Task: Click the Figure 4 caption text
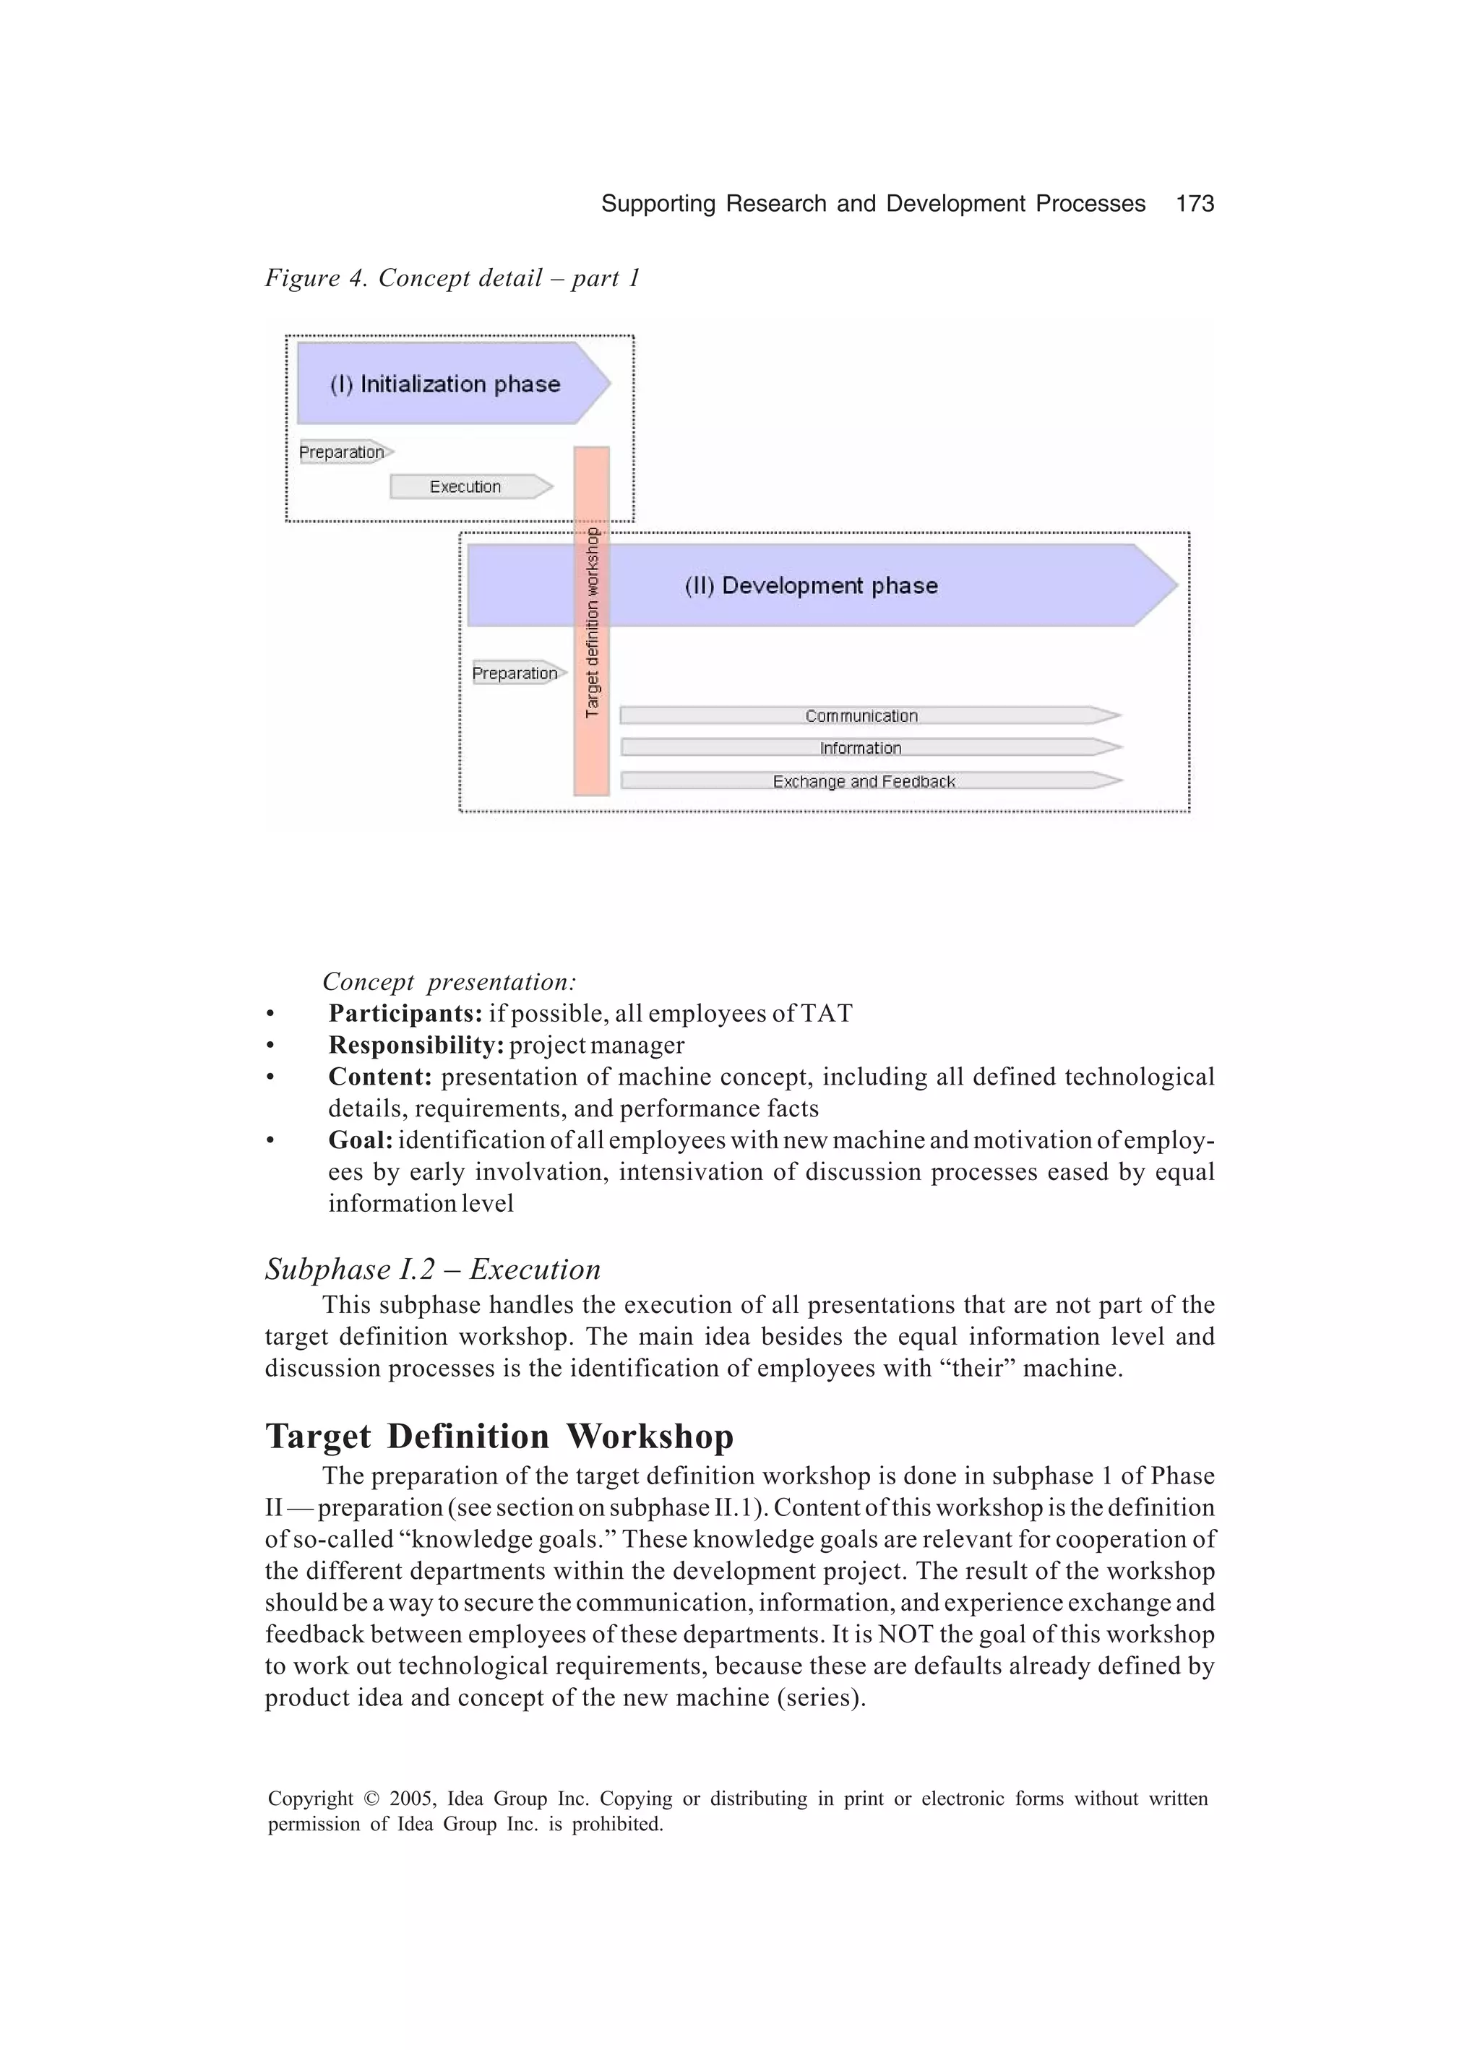[452, 278]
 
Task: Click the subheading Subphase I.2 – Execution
[432, 1269]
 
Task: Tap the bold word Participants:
[405, 1013]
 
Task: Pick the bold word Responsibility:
[416, 1045]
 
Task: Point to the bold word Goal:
[361, 1140]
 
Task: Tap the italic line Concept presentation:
[449, 981]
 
